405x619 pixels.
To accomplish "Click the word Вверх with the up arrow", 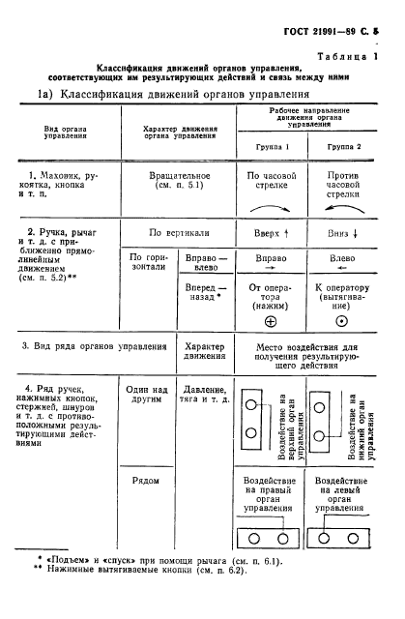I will (x=272, y=233).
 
